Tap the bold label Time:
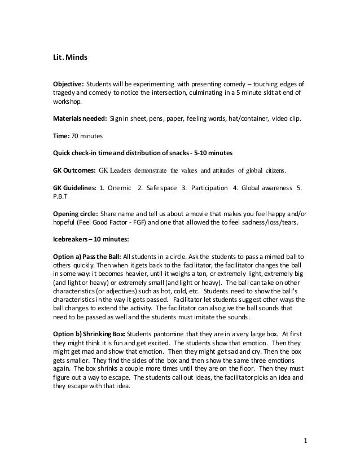point(61,137)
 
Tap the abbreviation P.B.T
point(59,199)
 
